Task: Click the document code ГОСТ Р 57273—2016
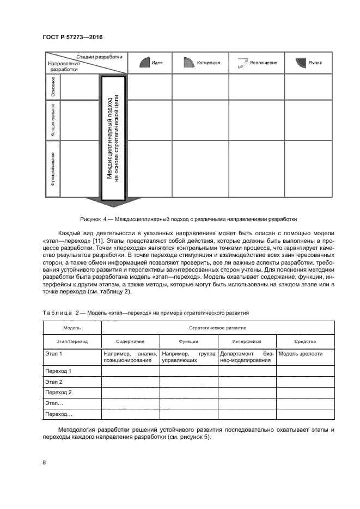[72, 37]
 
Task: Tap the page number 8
[44, 463]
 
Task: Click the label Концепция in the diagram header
[209, 63]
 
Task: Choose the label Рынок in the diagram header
[315, 63]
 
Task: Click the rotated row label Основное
[53, 87]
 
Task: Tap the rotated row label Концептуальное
[53, 120]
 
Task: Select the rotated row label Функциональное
[53, 169]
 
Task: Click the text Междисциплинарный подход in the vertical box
[109, 138]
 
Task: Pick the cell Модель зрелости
[301, 354]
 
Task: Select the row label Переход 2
[58, 392]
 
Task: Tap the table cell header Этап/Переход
[72, 341]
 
